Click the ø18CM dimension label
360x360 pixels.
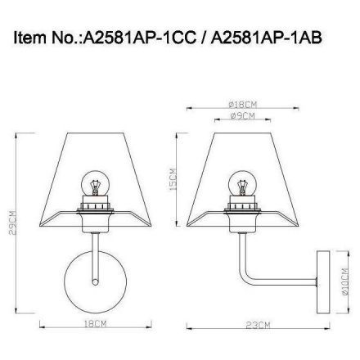(x=242, y=105)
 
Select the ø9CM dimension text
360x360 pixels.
(x=242, y=116)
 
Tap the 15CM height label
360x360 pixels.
(x=173, y=180)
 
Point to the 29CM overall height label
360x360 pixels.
(x=11, y=222)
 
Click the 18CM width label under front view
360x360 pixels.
(x=96, y=325)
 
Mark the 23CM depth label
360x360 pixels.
(x=259, y=325)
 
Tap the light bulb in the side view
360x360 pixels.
(x=241, y=183)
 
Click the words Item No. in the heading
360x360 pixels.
(x=43, y=38)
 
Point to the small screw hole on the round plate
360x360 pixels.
(x=96, y=283)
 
